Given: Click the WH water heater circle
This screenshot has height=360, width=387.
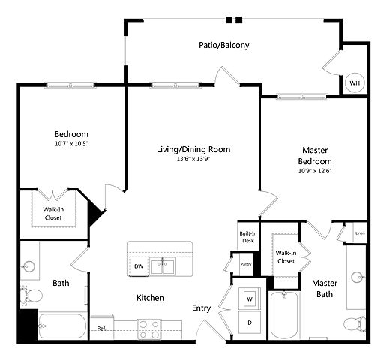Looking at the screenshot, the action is (x=355, y=82).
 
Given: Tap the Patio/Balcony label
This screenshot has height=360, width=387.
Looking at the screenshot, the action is (x=224, y=45).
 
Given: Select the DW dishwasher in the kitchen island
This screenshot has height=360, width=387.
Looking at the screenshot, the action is (x=139, y=266).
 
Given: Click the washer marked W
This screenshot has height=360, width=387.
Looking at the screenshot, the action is (x=250, y=298).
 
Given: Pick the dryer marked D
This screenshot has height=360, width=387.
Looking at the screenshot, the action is (x=250, y=322).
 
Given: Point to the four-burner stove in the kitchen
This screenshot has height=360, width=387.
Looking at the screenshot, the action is (x=149, y=329).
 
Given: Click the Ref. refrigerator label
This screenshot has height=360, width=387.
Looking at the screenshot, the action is (x=101, y=328).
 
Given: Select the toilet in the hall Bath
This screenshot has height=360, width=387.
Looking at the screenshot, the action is (x=31, y=295).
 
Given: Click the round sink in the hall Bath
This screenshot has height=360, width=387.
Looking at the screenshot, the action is (x=28, y=266).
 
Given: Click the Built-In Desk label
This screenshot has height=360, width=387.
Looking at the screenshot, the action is (x=248, y=237).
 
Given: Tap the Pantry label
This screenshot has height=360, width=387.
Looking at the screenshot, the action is (x=246, y=264).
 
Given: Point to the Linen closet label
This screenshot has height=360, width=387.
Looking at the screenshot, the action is (x=360, y=233).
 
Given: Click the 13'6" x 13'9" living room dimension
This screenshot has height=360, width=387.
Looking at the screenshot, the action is (x=193, y=159).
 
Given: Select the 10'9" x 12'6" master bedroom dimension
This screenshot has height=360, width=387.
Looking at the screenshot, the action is (x=315, y=171).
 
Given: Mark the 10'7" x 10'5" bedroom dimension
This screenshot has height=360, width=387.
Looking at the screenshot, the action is (x=72, y=144).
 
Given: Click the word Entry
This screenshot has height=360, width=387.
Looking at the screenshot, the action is (x=201, y=308).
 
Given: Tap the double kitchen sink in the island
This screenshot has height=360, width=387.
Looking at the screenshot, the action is (x=163, y=266).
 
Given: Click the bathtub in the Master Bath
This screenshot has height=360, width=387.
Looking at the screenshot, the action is (x=284, y=316).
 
